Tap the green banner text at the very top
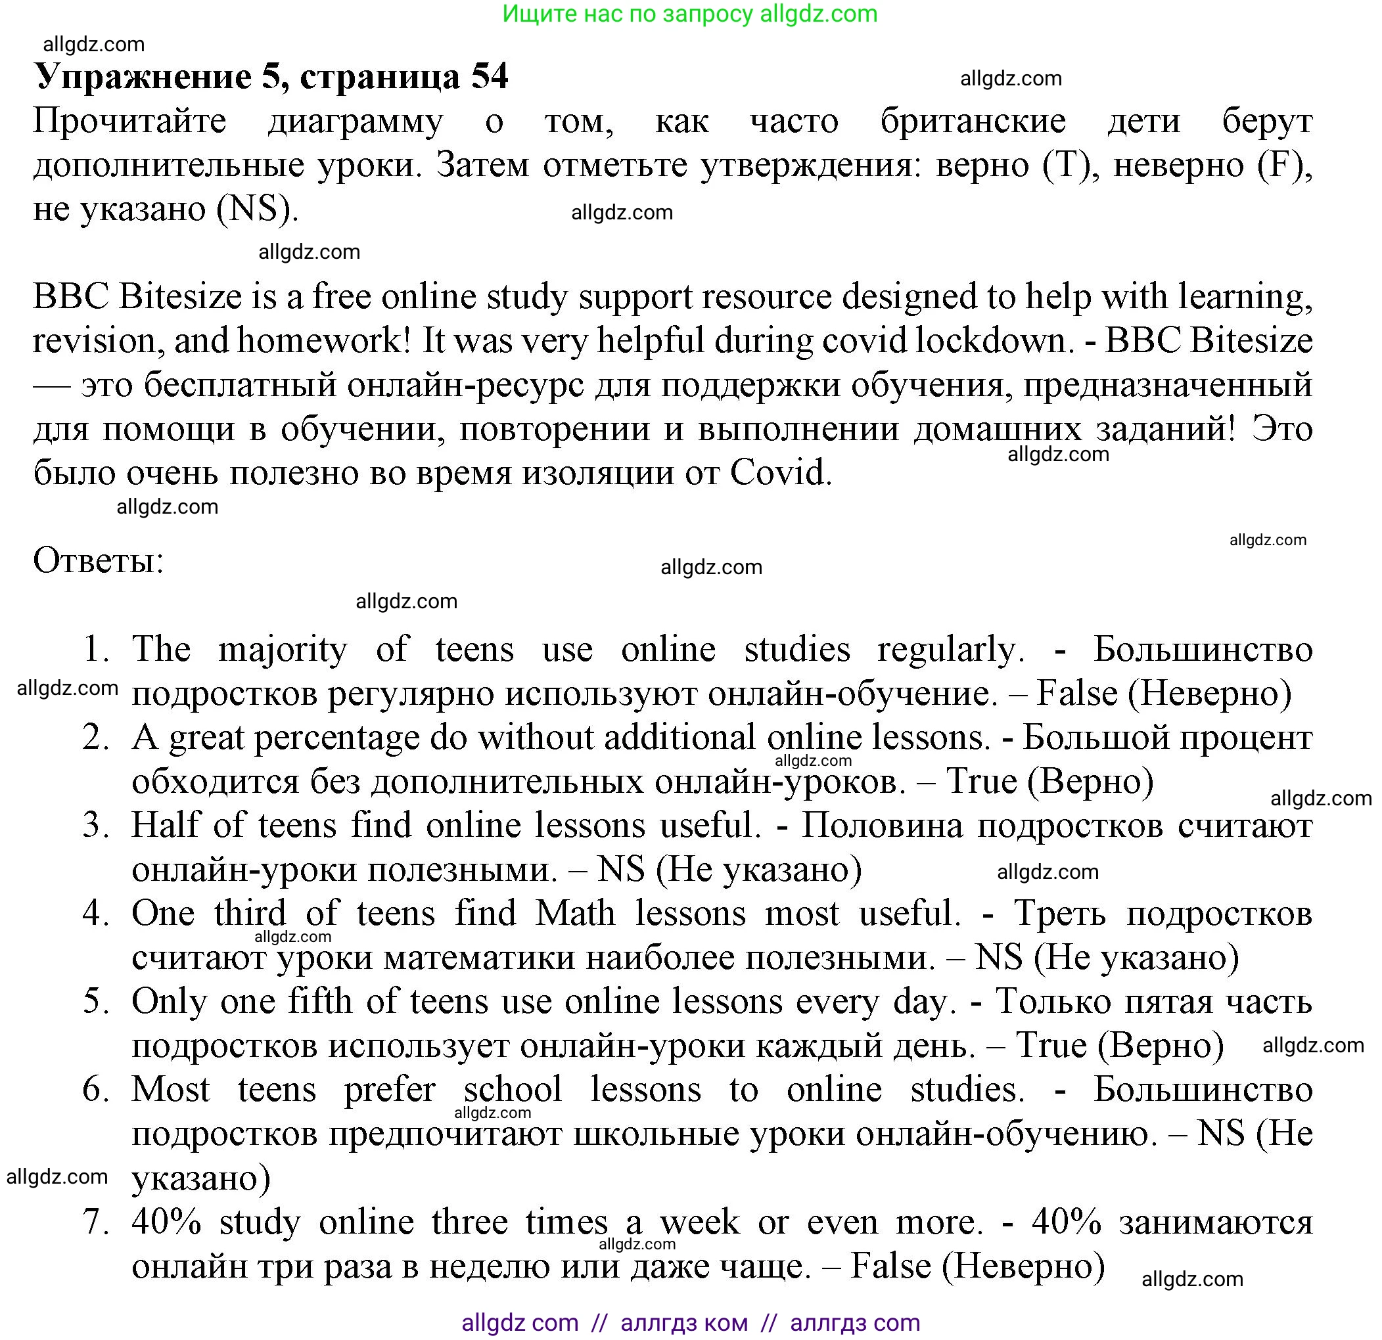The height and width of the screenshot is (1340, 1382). click(x=689, y=14)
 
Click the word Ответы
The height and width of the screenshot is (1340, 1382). click(x=98, y=561)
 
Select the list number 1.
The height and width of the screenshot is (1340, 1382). click(x=96, y=648)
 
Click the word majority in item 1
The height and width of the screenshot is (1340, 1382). click(x=283, y=650)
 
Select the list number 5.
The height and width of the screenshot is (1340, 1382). click(x=96, y=1002)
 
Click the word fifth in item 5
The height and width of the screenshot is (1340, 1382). click(x=320, y=1002)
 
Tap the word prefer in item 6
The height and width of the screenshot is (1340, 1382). click(x=389, y=1090)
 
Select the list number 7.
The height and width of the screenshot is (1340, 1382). click(x=96, y=1222)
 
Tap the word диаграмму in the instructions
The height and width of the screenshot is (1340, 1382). click(x=356, y=122)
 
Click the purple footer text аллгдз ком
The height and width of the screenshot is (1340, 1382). click(x=683, y=1323)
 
